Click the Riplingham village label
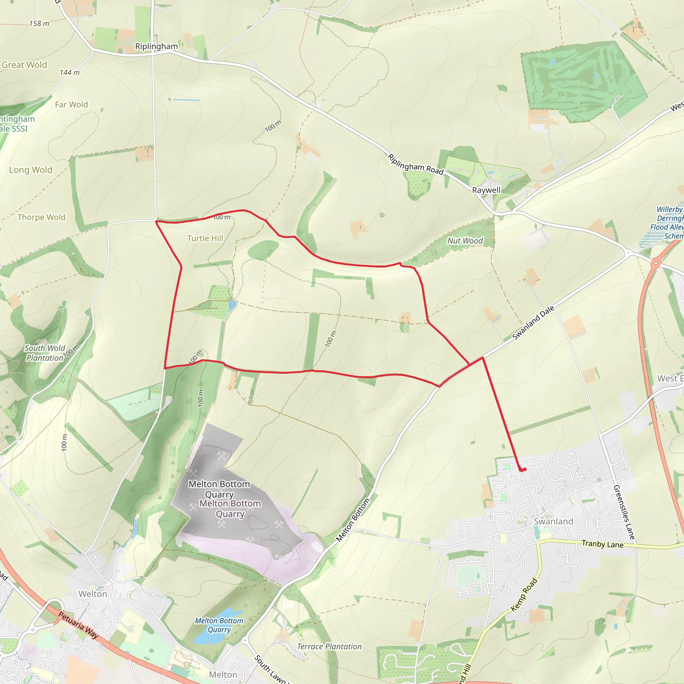(157, 46)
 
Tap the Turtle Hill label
(205, 238)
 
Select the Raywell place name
(486, 190)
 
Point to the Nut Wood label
(465, 241)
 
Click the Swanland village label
(553, 521)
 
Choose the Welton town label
(93, 594)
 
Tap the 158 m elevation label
(39, 24)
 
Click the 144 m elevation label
(70, 72)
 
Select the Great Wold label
(24, 65)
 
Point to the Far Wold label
(71, 105)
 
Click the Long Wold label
(31, 170)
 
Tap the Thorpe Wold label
(41, 217)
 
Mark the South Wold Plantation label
(45, 353)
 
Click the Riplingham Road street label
(415, 164)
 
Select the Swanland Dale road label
(533, 323)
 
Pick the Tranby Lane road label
(603, 544)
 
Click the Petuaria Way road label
(78, 625)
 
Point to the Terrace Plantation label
(329, 647)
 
